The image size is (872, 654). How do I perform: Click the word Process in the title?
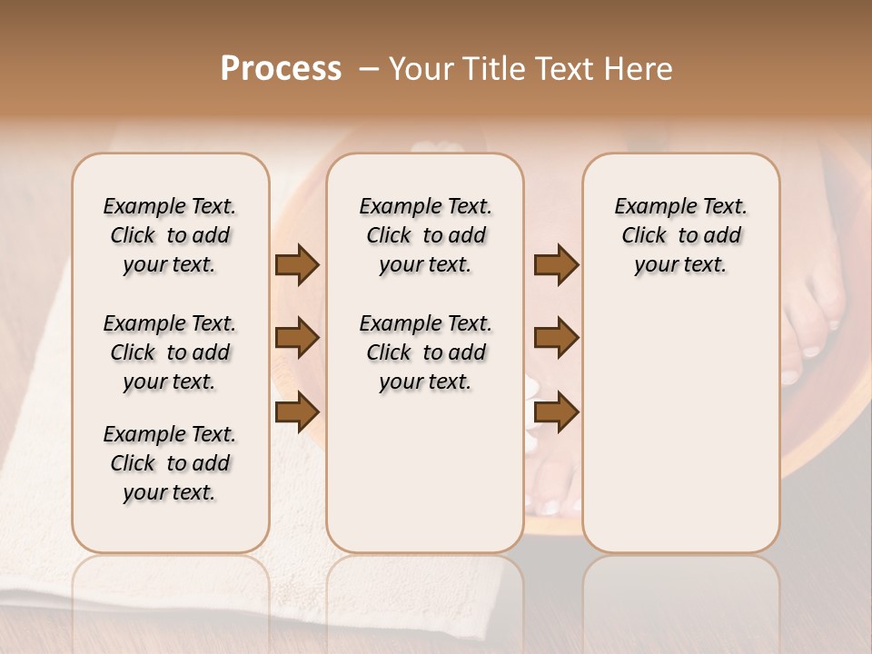point(281,69)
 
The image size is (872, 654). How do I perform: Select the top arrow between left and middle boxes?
point(297,265)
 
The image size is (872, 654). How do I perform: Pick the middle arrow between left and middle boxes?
point(297,338)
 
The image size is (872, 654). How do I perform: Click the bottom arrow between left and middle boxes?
point(297,412)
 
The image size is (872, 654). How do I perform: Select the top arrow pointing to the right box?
point(556,265)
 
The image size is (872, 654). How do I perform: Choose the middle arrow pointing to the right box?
point(556,338)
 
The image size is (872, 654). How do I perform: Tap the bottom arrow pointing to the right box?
point(556,412)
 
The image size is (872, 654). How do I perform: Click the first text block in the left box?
point(170,235)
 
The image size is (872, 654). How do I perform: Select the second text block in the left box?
point(170,352)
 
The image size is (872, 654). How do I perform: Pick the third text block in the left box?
point(170,463)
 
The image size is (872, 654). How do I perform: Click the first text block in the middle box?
point(425,235)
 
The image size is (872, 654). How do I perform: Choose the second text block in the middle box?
point(425,352)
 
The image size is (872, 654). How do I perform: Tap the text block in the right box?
point(680,235)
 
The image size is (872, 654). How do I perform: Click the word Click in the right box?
point(643,236)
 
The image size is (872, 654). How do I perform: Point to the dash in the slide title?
point(368,69)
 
